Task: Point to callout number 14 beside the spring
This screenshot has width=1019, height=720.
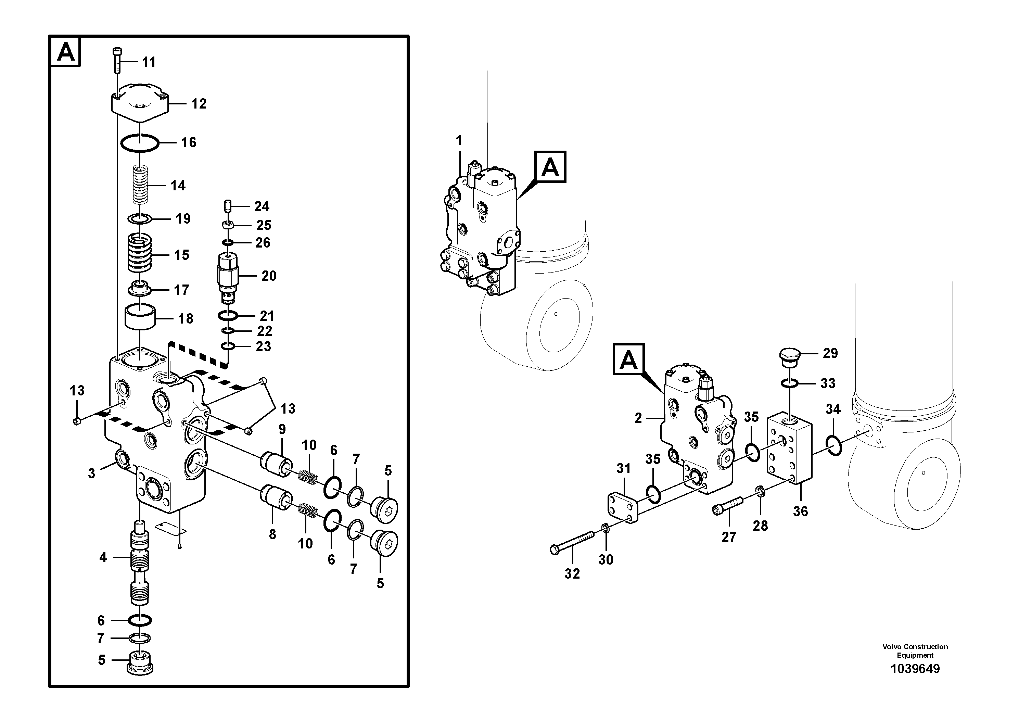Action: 178,186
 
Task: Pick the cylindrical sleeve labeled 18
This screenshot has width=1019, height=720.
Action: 140,316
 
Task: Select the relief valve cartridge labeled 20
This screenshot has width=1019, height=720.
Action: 228,276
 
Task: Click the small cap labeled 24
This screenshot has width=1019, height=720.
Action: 227,206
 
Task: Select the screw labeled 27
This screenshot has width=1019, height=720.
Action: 728,506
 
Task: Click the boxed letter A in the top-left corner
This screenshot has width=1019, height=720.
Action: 66,52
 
